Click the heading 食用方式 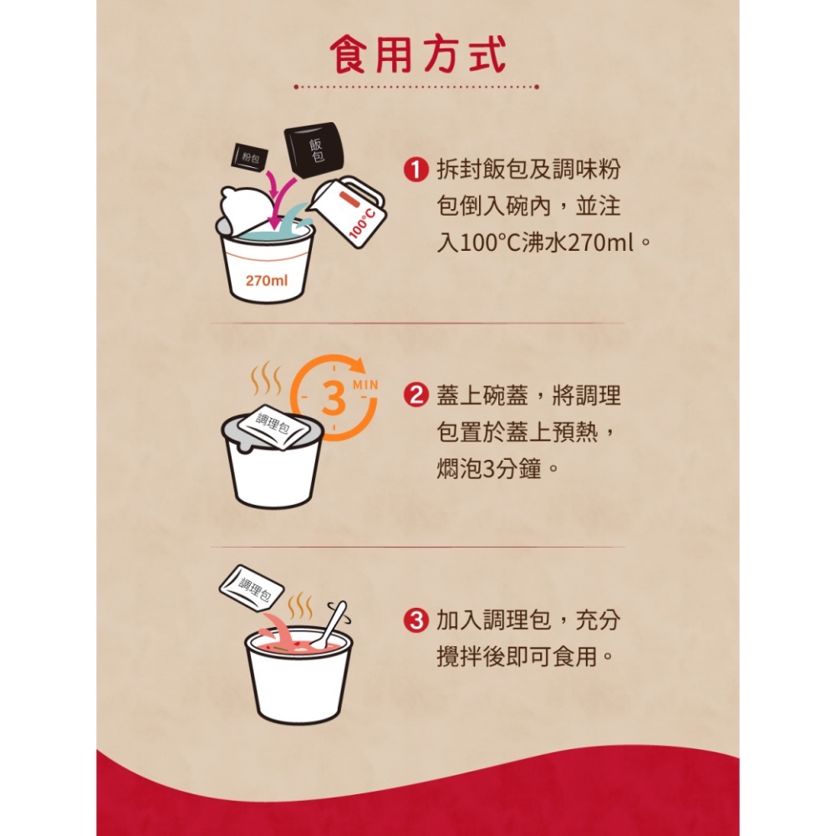[x=417, y=55]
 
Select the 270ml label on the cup [x=267, y=280]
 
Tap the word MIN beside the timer [x=365, y=384]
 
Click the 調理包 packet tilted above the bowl [x=252, y=585]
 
